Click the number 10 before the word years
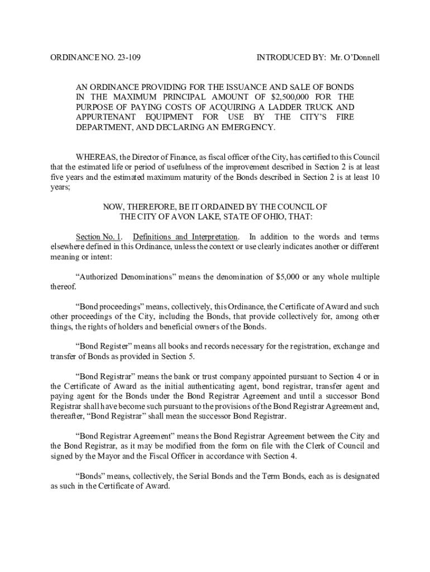click(375, 178)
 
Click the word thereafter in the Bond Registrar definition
click(66, 416)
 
